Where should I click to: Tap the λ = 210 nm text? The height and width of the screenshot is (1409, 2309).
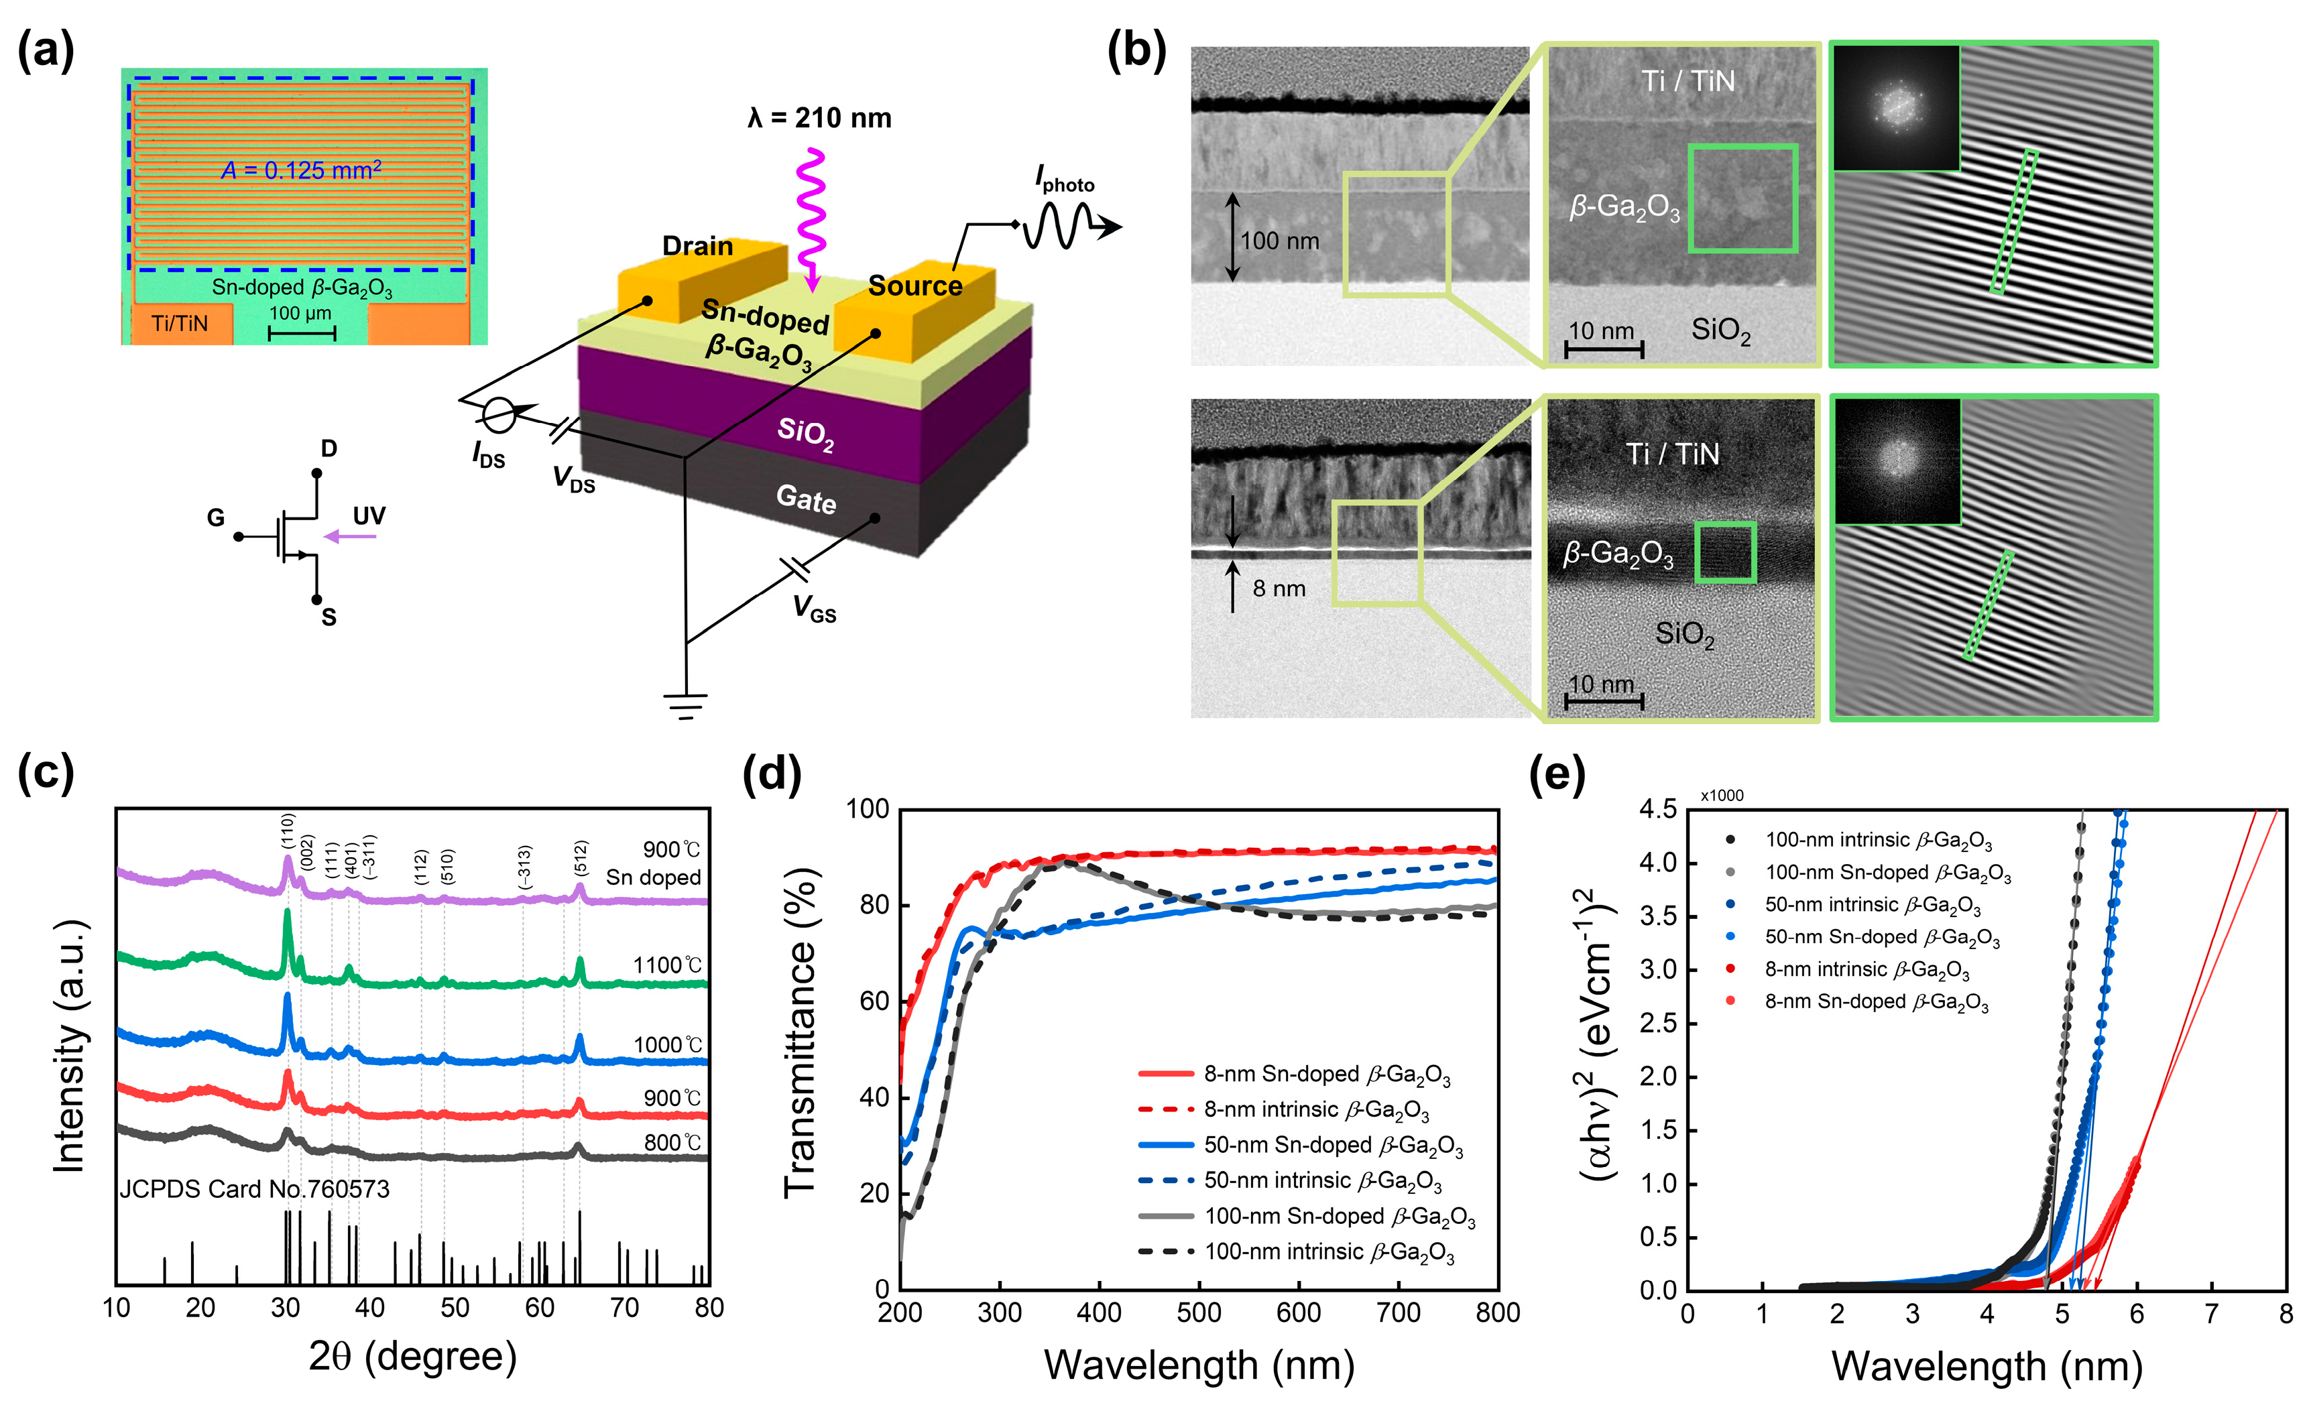pyautogui.click(x=819, y=118)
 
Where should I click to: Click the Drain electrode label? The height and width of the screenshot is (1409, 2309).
pyautogui.click(x=697, y=247)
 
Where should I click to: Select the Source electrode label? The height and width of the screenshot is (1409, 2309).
pyautogui.click(x=914, y=286)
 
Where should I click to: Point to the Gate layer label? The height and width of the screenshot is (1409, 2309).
pyautogui.click(x=806, y=499)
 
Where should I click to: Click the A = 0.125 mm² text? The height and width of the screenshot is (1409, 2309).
pyautogui.click(x=301, y=170)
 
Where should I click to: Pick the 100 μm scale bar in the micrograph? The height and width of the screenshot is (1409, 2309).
pyautogui.click(x=301, y=332)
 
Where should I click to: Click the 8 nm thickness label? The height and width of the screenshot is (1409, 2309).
pyautogui.click(x=1278, y=589)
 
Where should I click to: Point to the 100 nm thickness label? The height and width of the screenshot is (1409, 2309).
pyautogui.click(x=1279, y=241)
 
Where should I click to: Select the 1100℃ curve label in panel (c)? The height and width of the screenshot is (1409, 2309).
pyautogui.click(x=667, y=965)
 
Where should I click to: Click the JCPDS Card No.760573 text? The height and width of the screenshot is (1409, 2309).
pyautogui.click(x=254, y=1189)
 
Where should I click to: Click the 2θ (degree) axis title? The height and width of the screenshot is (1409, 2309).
pyautogui.click(x=412, y=1355)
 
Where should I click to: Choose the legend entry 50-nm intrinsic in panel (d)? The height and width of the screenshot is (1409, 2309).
pyautogui.click(x=1322, y=1180)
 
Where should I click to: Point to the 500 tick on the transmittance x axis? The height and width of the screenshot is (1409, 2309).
pyautogui.click(x=1199, y=1312)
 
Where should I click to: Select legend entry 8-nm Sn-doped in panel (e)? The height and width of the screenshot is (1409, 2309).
pyautogui.click(x=1876, y=1001)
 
